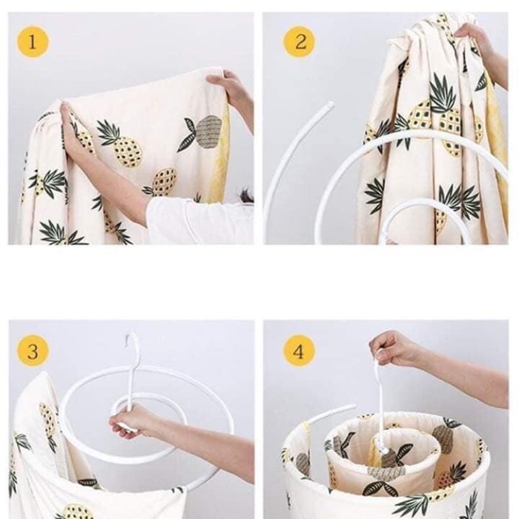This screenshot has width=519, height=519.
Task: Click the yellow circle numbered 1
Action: (32, 42)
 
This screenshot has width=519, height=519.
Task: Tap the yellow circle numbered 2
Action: (299, 42)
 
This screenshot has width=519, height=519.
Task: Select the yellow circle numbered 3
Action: (32, 351)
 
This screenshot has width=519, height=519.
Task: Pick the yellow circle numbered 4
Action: (298, 351)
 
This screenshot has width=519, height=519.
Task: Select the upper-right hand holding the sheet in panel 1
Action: (229, 87)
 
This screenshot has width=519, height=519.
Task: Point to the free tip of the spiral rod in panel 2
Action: (330, 105)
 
